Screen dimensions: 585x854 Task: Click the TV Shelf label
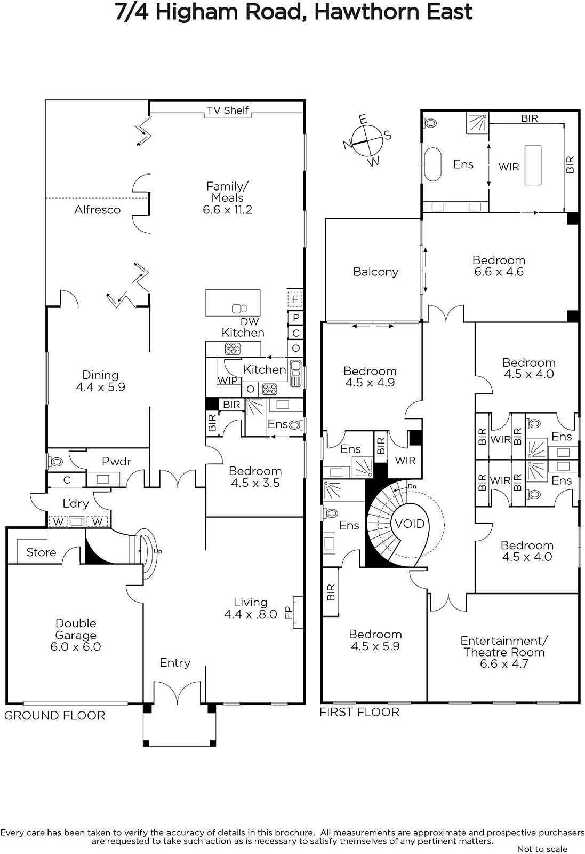coord(227,110)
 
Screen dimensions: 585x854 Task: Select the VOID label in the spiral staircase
coord(410,524)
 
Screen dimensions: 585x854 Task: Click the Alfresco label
coord(97,210)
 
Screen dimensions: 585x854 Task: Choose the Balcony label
coord(375,272)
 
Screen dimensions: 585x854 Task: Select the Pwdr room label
coord(117,461)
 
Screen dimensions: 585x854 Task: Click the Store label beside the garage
coord(41,552)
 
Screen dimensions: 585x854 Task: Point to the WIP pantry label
coord(227,380)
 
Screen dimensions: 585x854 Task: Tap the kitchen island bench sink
coord(239,307)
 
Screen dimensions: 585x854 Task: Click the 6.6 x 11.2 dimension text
coord(227,210)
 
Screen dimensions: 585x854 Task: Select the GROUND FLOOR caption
coord(54,716)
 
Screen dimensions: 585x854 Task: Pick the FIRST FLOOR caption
coord(359,712)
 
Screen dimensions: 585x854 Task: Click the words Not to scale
coord(542,849)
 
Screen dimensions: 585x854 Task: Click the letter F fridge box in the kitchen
coord(294,299)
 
